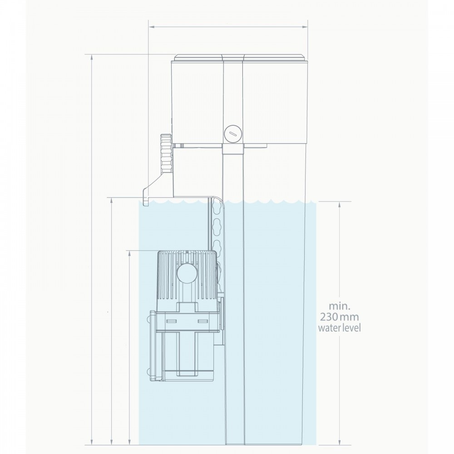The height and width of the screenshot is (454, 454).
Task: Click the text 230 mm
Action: (x=339, y=317)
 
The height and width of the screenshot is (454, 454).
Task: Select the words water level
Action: (x=339, y=328)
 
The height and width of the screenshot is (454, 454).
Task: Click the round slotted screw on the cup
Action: (x=233, y=133)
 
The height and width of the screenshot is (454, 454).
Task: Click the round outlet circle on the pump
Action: (x=187, y=273)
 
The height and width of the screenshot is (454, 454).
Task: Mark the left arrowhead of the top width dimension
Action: (x=151, y=27)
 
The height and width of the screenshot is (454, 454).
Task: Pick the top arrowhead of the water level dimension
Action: (x=339, y=203)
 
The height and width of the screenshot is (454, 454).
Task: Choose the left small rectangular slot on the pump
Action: (x=171, y=321)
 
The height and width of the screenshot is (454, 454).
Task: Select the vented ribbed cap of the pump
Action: (x=187, y=276)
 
